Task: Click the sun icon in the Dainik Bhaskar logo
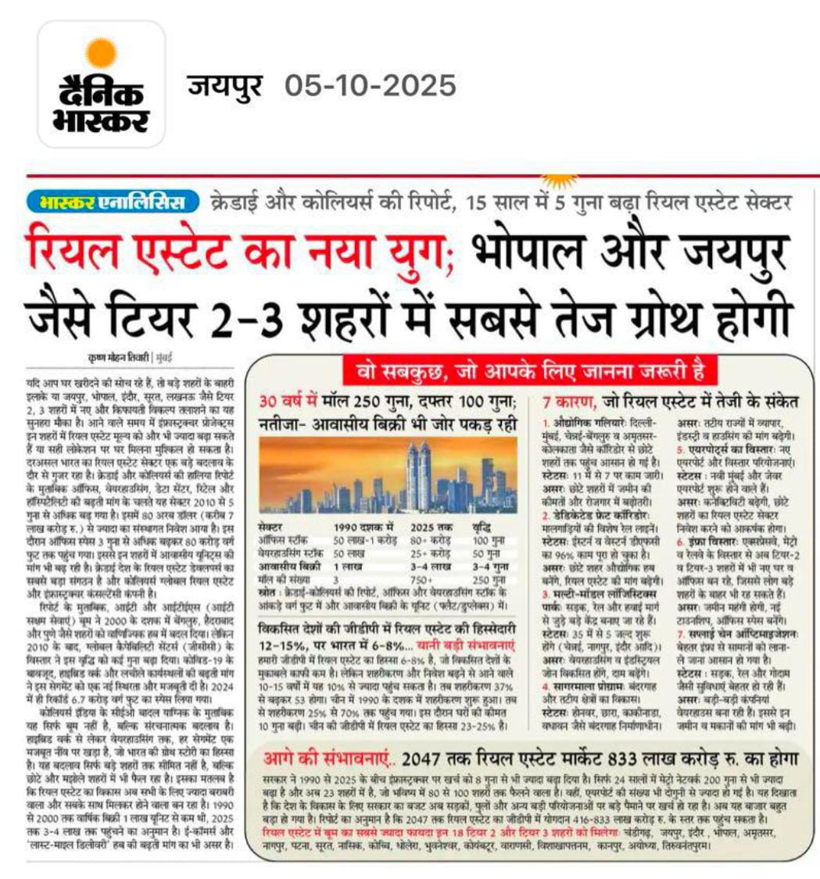(x=102, y=53)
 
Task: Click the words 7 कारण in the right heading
(x=570, y=402)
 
